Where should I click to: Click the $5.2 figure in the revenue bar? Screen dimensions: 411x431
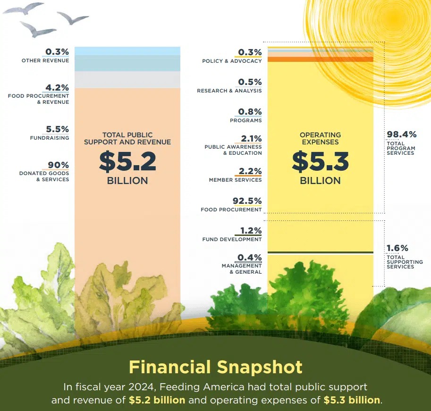click(127, 161)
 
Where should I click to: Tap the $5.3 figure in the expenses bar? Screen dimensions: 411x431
click(320, 161)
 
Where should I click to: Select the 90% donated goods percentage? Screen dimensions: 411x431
click(58, 165)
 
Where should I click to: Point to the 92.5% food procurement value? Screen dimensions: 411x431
click(247, 201)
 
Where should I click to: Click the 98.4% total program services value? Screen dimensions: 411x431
click(402, 134)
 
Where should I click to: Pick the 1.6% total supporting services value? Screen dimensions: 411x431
click(397, 248)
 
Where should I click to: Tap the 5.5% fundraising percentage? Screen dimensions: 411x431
click(58, 129)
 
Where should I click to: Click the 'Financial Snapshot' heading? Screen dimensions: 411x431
click(216, 367)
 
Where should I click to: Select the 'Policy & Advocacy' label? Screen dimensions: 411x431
click(232, 61)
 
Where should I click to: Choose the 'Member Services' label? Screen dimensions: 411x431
click(235, 180)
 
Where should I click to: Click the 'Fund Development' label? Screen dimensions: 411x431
click(232, 239)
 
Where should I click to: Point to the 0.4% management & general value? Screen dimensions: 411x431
click(250, 258)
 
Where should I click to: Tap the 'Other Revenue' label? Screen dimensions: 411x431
click(45, 60)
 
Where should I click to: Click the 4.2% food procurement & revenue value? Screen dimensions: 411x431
click(57, 88)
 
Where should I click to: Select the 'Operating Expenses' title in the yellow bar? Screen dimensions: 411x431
click(320, 138)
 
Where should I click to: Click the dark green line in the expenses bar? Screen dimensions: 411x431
click(320, 253)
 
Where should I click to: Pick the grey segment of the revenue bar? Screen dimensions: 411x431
click(127, 79)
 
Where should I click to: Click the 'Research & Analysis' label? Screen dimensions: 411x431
click(229, 91)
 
